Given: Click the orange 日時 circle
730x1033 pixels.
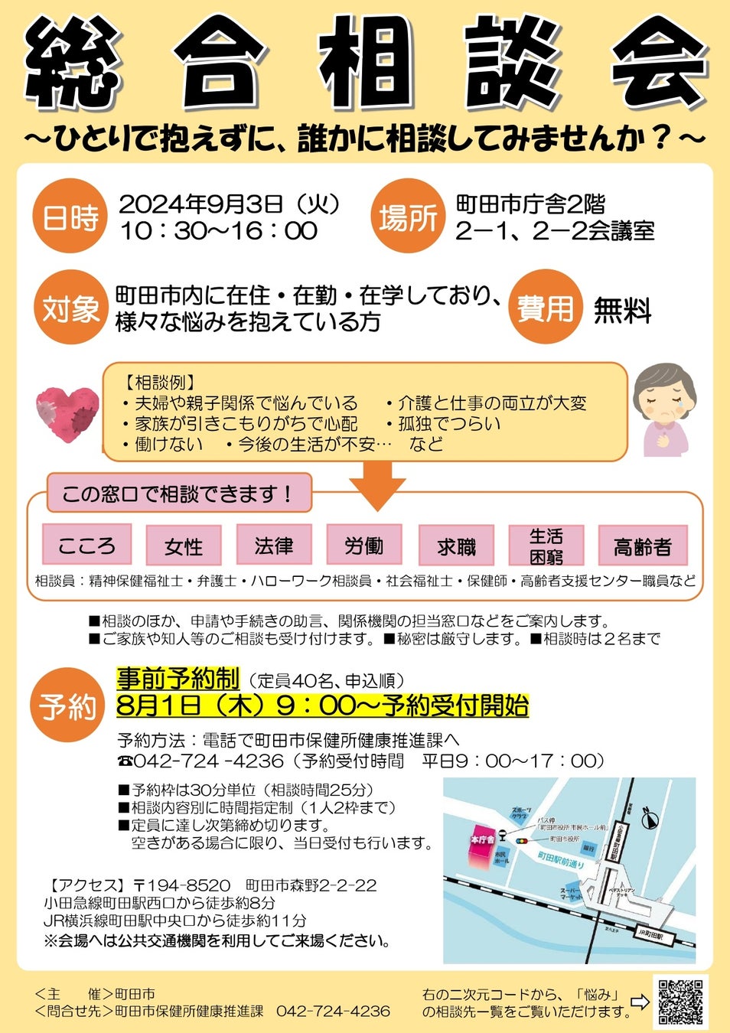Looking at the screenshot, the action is (70, 218).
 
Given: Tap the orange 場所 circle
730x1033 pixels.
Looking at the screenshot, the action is (408, 218).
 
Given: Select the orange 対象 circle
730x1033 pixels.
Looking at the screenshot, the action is (70, 308).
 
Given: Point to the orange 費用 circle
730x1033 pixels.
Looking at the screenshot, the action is (544, 308).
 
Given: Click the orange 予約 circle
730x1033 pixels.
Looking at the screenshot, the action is (68, 706).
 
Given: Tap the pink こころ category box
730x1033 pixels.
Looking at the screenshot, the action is (86, 545).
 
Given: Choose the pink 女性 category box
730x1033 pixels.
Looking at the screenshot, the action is (184, 546).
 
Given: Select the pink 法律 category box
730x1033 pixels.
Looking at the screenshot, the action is (274, 545).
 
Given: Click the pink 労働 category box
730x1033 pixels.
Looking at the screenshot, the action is (363, 545).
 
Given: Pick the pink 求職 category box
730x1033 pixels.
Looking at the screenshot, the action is (456, 546).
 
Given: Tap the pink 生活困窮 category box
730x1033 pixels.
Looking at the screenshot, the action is (546, 546).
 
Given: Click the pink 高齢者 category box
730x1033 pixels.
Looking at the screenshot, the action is (642, 546).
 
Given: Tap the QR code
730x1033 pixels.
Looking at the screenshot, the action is (680, 1002).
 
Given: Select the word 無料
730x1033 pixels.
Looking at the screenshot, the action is (622, 311).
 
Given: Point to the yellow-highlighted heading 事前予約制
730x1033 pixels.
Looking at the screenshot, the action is (178, 679).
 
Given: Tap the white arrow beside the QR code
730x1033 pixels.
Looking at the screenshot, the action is (640, 1002).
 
